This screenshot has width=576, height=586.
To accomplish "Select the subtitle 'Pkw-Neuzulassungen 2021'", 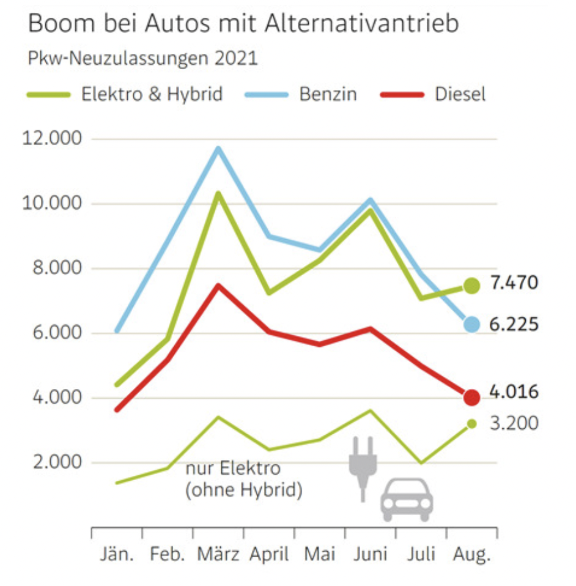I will point(142,59).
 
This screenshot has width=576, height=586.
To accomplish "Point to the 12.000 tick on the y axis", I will point(51,139).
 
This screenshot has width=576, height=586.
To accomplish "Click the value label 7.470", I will point(514,284).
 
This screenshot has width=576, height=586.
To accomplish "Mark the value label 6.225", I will point(514,324).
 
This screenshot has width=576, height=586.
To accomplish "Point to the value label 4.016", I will point(514,391).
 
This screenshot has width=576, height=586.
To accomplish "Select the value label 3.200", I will point(514,423).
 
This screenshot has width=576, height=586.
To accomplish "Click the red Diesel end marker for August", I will point(471,398).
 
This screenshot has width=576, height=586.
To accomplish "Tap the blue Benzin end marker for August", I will point(471,324).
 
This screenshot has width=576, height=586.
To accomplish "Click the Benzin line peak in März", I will point(218,148).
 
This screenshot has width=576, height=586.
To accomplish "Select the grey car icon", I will point(407,499).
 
